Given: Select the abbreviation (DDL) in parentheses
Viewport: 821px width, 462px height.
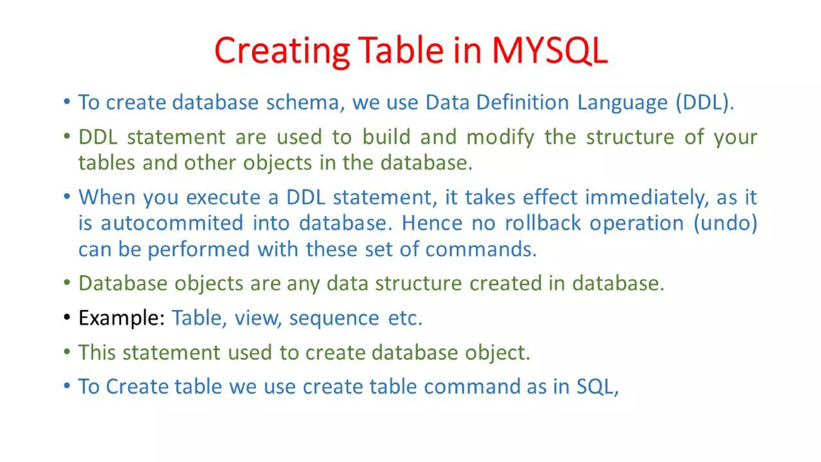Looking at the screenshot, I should (x=705, y=102).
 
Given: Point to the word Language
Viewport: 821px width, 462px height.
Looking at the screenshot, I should (x=622, y=102).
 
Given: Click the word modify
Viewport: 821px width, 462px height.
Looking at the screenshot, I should (x=500, y=137).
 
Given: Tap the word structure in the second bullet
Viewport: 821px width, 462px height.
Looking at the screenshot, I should (x=630, y=137).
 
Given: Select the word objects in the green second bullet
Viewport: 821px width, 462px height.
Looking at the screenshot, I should (x=277, y=163).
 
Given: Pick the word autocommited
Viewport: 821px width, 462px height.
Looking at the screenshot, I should (x=172, y=223).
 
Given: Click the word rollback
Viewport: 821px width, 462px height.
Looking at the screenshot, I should (x=542, y=223).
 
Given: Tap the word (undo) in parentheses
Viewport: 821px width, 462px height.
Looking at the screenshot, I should (x=725, y=223).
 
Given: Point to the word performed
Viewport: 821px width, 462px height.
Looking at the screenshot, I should (x=198, y=249).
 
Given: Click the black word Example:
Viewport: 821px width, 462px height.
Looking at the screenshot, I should (x=121, y=318).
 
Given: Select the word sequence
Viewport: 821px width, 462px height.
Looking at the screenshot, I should (x=334, y=318).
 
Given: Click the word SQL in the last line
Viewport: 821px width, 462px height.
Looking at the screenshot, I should (x=597, y=387).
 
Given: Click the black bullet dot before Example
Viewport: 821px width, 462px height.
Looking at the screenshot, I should (x=67, y=318).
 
